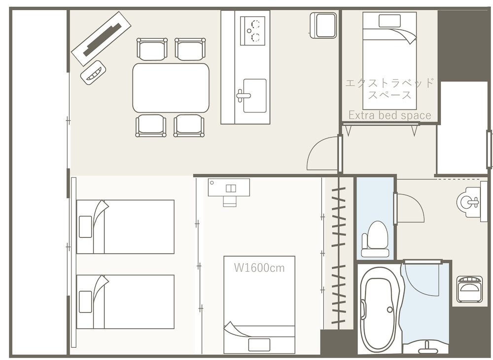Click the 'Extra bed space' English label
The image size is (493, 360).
tap(389, 115)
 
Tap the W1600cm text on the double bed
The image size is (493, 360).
tap(259, 268)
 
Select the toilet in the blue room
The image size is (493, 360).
tap(375, 239)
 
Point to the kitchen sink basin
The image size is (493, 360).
tap(255, 96)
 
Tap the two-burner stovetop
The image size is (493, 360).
tap(253, 31)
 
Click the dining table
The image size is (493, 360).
tap(171, 88)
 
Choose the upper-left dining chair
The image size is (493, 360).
tap(152, 49)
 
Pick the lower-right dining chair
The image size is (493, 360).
tap(189, 126)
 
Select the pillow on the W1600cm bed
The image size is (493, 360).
tap(259, 345)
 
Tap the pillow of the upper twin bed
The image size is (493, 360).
tap(85, 227)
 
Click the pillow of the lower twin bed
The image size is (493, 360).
tap(85, 302)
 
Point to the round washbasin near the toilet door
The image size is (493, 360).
tap(468, 202)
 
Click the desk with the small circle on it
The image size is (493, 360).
tap(229, 187)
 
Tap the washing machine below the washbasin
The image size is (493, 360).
tap(469, 289)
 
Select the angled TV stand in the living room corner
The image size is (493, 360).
tap(101, 38)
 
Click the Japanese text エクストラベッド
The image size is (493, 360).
tap(389, 83)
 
